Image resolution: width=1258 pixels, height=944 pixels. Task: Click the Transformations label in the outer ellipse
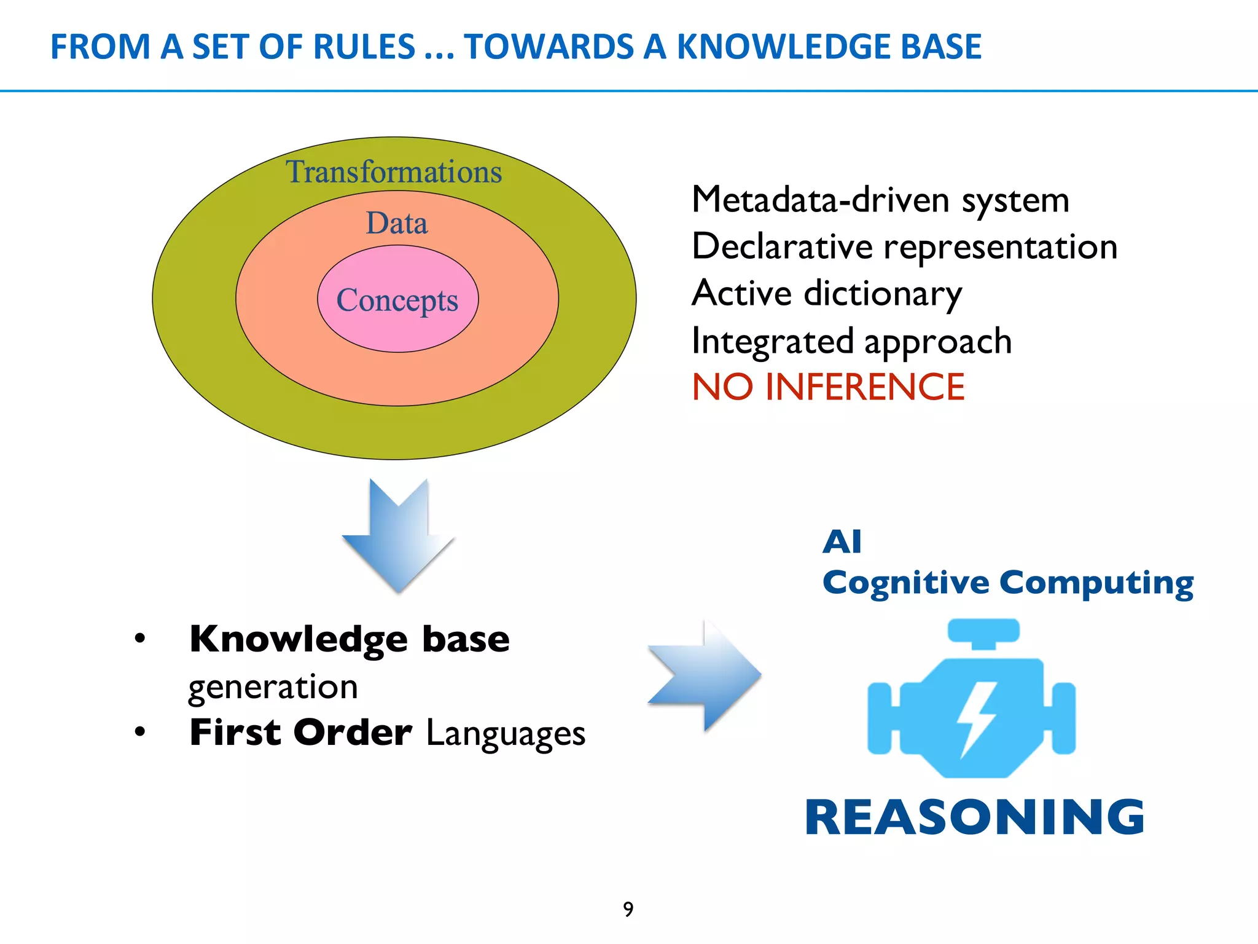[x=394, y=171]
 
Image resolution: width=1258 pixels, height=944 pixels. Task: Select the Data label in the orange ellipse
[x=397, y=223]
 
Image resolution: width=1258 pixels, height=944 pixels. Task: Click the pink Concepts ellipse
[x=397, y=300]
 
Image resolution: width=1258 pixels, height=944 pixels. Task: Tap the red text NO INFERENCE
[x=828, y=387]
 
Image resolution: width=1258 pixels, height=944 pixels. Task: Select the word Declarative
[x=782, y=246]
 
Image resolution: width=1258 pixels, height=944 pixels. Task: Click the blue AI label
[x=842, y=541]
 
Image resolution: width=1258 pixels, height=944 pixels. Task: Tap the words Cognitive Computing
[x=1007, y=582]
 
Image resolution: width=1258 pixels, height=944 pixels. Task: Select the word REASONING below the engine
[x=975, y=817]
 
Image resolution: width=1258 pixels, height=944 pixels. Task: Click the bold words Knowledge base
[x=350, y=639]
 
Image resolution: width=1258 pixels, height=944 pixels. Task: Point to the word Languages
[x=506, y=733]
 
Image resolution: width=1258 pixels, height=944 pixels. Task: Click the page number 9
[x=628, y=909]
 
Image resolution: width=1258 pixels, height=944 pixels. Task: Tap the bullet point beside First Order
[x=141, y=732]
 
